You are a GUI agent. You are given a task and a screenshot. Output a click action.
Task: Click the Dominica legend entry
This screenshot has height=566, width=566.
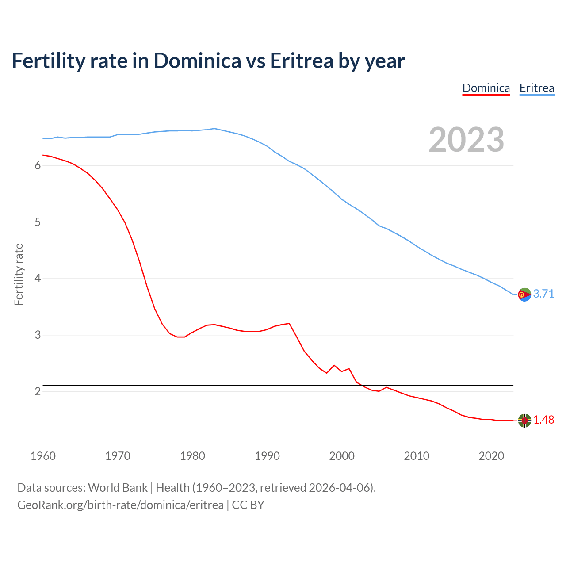pos(486,88)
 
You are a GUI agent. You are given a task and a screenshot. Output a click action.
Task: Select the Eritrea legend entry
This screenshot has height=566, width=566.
pos(536,88)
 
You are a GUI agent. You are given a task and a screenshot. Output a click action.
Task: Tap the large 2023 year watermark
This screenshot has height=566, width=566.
pos(466,140)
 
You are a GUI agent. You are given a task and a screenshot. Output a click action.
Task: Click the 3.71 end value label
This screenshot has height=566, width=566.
pos(543,294)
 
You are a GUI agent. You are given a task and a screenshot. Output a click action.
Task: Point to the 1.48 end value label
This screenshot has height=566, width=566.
pos(543,420)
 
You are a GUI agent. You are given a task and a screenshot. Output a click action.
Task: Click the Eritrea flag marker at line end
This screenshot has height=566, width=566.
pos(524,294)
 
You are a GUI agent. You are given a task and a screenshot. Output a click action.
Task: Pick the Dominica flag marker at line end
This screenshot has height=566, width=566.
pos(524,421)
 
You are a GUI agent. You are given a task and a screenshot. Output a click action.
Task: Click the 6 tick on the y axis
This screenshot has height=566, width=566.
pos(38,165)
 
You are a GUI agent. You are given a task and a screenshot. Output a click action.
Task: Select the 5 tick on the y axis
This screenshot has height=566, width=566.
pos(38,222)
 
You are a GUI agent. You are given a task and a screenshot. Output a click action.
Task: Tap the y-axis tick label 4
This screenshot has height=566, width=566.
pos(38,279)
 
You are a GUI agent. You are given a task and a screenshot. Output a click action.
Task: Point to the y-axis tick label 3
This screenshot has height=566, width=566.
pos(38,335)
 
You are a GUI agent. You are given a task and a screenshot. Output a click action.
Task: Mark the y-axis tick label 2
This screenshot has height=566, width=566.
pos(38,392)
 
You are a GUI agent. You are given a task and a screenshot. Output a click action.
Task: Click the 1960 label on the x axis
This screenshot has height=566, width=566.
pos(43,456)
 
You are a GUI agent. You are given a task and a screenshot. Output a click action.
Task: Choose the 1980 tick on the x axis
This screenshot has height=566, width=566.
pos(192,456)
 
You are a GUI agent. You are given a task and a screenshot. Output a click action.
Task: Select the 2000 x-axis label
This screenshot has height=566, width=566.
pos(342,456)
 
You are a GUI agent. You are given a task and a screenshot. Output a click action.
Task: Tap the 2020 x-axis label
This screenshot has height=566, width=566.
pos(491,456)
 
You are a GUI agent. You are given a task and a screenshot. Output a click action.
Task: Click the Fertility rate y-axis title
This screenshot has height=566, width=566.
pos(19,274)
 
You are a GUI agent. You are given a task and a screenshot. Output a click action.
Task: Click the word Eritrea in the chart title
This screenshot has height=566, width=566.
pos(302,61)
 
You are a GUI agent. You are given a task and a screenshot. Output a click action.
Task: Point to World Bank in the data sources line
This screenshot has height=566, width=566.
pos(118,488)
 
